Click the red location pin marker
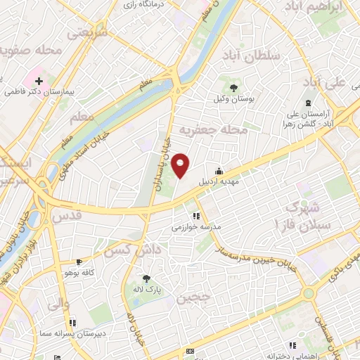(181, 165)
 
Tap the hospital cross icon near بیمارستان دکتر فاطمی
(39, 82)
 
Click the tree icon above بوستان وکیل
(233, 88)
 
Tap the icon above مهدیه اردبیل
(219, 171)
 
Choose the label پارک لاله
(148, 289)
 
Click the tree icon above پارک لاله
(147, 278)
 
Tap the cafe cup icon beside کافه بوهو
(89, 262)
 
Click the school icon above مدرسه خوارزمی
(196, 216)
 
